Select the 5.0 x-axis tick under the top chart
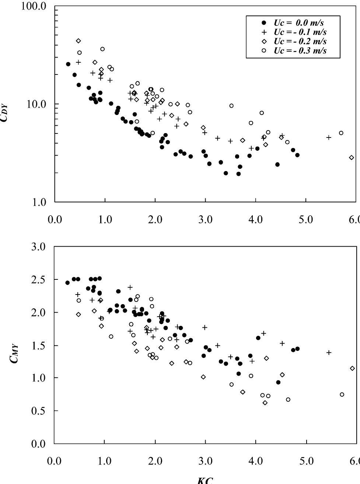point(306,220)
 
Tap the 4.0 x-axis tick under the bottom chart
point(255,462)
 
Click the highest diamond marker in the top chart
point(78,41)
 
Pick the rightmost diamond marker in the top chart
point(352,158)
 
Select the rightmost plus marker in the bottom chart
point(329,353)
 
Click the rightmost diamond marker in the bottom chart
point(352,368)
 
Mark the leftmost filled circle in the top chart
point(68,64)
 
